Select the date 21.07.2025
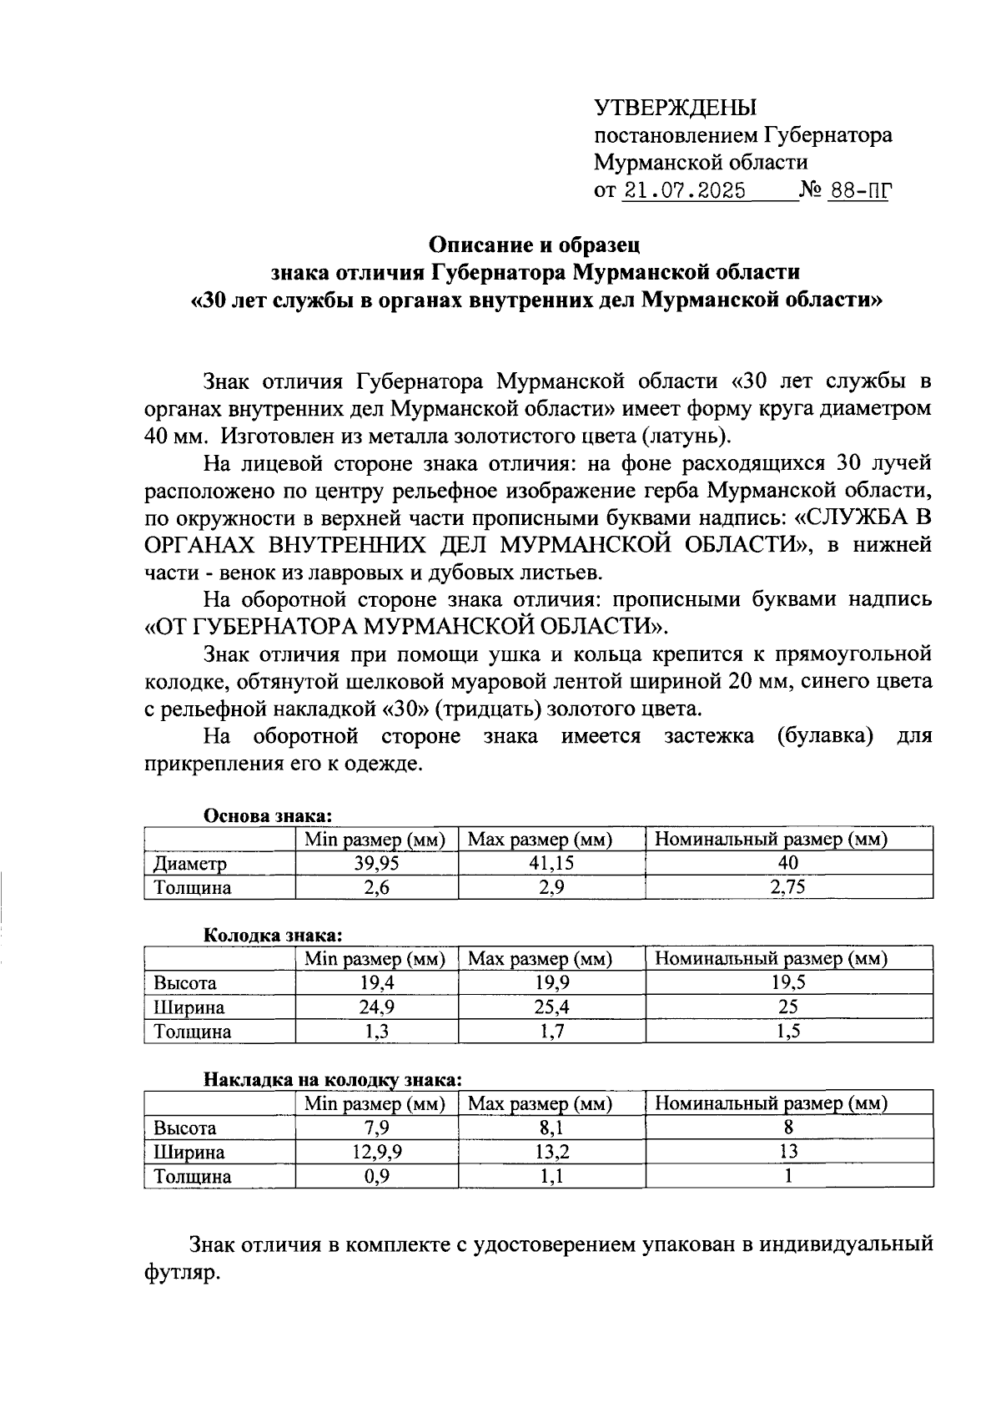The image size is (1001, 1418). [x=685, y=190]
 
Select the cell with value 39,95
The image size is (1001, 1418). [x=376, y=863]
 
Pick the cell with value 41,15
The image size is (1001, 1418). [x=551, y=863]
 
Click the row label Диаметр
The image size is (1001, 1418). [x=189, y=863]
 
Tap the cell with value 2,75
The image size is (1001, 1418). [x=788, y=887]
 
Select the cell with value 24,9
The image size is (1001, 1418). [x=376, y=1007]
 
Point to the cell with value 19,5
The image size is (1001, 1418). [x=788, y=982]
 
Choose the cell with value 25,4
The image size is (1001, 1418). [x=551, y=1007]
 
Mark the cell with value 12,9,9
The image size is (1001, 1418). [x=376, y=1152]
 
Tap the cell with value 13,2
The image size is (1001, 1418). [x=551, y=1152]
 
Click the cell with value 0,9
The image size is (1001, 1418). [x=376, y=1176]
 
